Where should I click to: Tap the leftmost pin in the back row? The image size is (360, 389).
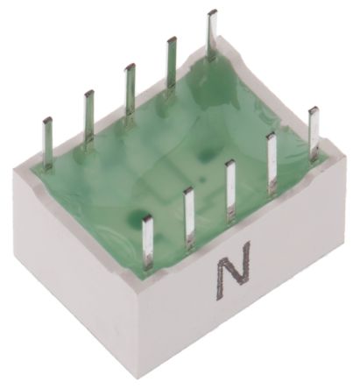coord(48,143)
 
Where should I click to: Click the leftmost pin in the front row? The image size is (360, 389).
coord(147,242)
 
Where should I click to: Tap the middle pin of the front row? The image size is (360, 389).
coord(230,190)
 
